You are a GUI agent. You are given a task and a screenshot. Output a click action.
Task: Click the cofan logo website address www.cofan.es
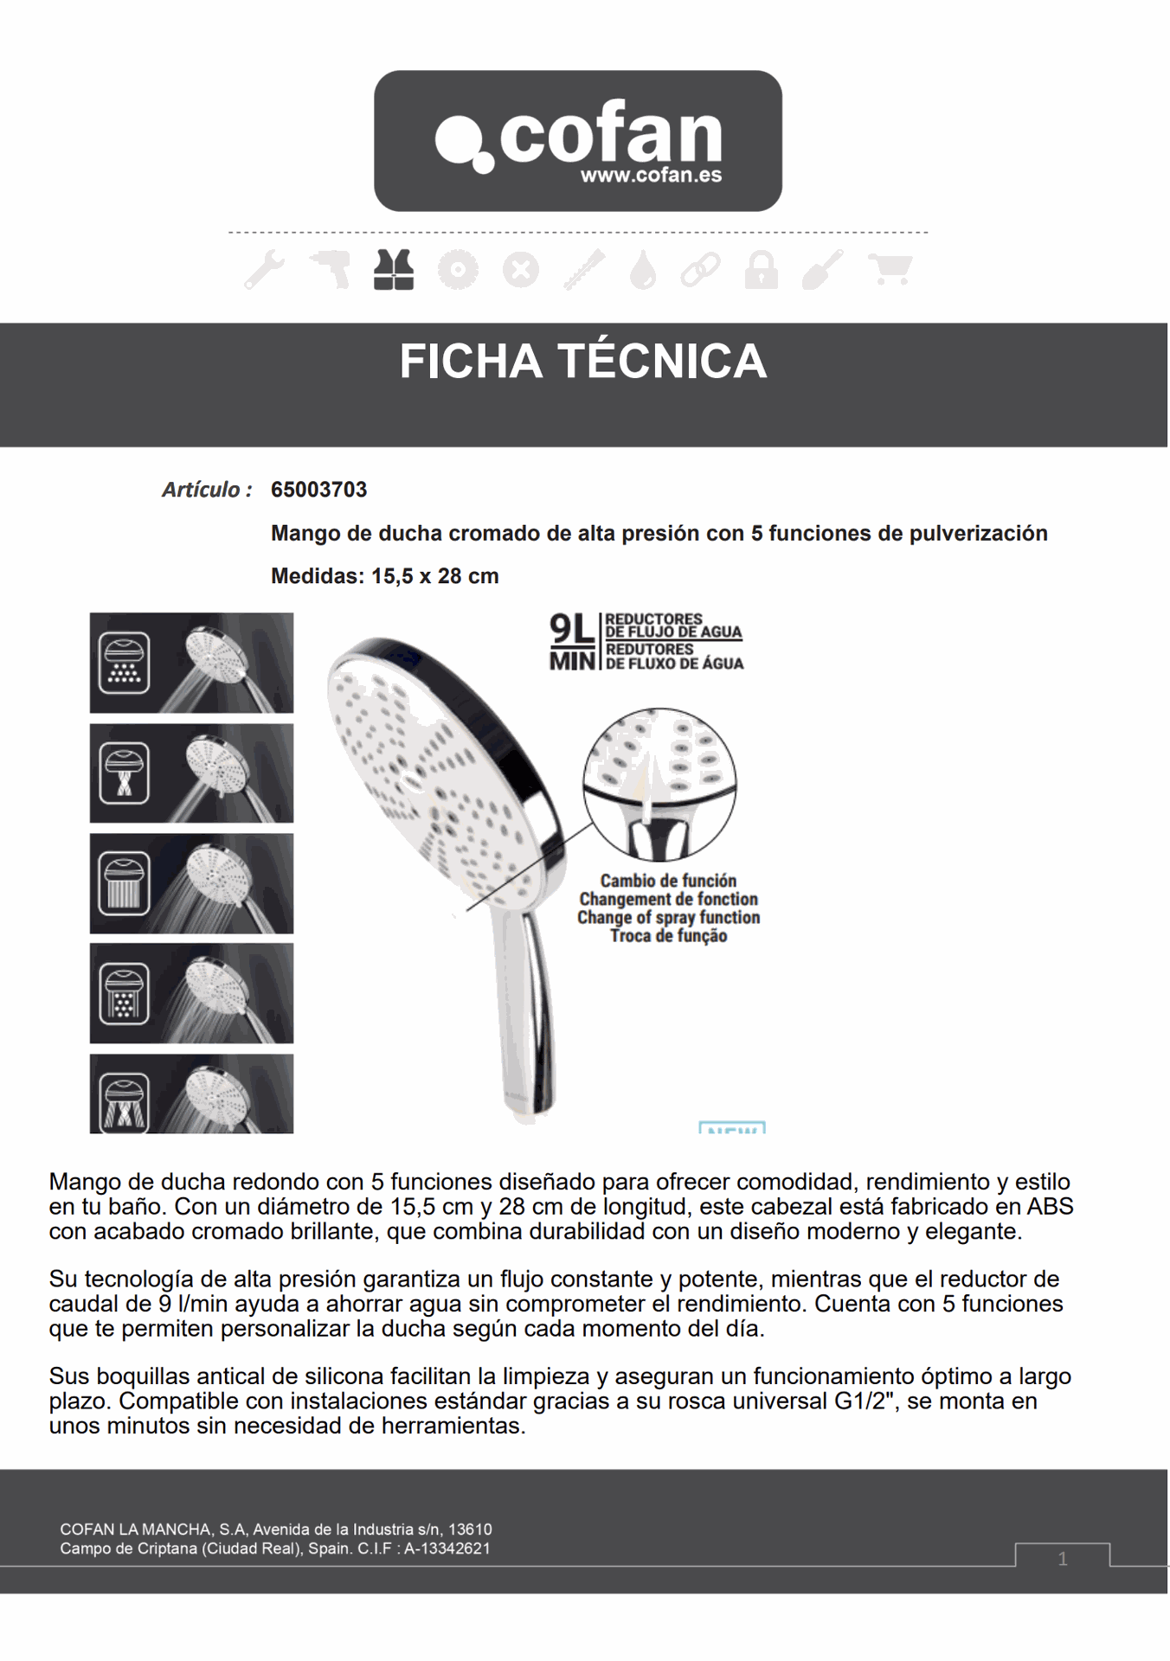click(x=650, y=176)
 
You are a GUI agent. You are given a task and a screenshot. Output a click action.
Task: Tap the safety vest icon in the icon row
click(x=394, y=270)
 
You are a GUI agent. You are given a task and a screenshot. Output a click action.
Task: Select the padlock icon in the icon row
click(x=761, y=270)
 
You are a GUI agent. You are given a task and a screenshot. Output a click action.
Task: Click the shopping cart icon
click(x=890, y=270)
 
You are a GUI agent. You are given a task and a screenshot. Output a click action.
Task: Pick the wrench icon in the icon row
click(x=265, y=270)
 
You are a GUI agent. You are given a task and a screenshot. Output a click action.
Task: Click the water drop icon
click(x=643, y=270)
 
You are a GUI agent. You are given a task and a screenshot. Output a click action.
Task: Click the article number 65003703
click(x=318, y=490)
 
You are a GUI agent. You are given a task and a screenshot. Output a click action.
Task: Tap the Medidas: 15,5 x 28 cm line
click(x=384, y=576)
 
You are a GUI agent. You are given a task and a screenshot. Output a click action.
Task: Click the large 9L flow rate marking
click(x=572, y=629)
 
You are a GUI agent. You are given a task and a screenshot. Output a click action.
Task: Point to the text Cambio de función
click(x=668, y=881)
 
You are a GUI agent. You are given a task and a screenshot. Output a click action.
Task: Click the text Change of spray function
click(x=668, y=917)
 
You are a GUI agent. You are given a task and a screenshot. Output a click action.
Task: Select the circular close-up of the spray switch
click(x=659, y=784)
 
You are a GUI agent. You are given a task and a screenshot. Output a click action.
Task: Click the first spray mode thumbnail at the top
click(x=191, y=663)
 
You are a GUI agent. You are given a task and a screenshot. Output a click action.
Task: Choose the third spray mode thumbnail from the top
click(x=191, y=883)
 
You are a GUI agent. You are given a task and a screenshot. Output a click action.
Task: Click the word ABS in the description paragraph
click(x=1050, y=1207)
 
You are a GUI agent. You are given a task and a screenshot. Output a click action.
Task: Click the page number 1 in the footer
click(x=1063, y=1559)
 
